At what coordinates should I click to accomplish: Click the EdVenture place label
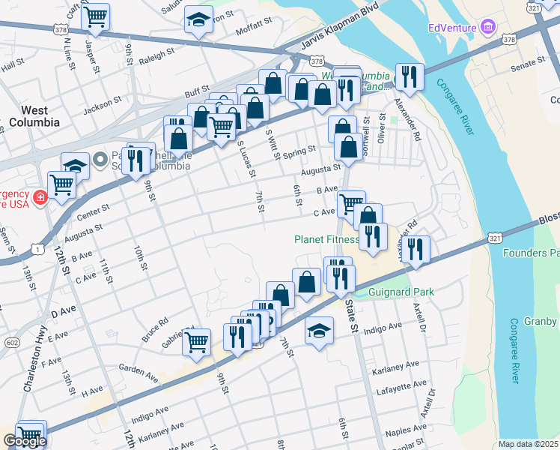[x=452, y=28]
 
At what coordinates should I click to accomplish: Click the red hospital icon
[x=40, y=198]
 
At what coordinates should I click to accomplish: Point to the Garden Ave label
[x=139, y=374]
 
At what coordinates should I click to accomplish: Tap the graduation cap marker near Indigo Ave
[x=319, y=331]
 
